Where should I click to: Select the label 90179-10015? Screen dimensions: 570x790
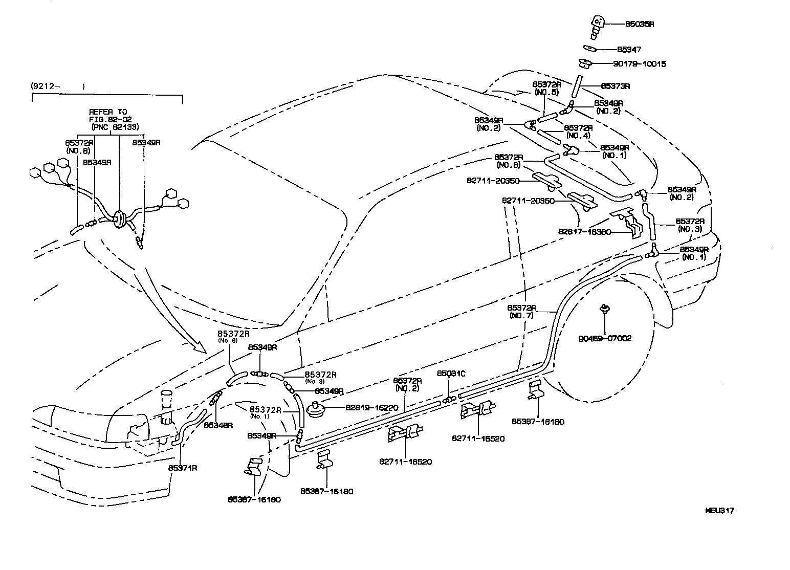(x=640, y=64)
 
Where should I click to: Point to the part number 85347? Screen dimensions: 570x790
(x=629, y=50)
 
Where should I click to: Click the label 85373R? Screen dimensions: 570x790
(x=615, y=86)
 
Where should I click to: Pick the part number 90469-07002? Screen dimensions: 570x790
(x=605, y=338)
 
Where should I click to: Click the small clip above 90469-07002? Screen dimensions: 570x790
(x=605, y=309)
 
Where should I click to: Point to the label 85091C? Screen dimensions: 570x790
(x=451, y=374)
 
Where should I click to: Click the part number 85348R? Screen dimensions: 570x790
(x=218, y=425)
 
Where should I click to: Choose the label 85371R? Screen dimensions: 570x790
(x=183, y=468)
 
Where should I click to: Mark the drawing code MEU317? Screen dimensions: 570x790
(x=719, y=510)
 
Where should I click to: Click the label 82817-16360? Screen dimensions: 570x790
(x=584, y=231)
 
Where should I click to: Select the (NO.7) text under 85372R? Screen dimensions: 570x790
(x=521, y=316)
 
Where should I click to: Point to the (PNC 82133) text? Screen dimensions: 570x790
(x=115, y=126)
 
